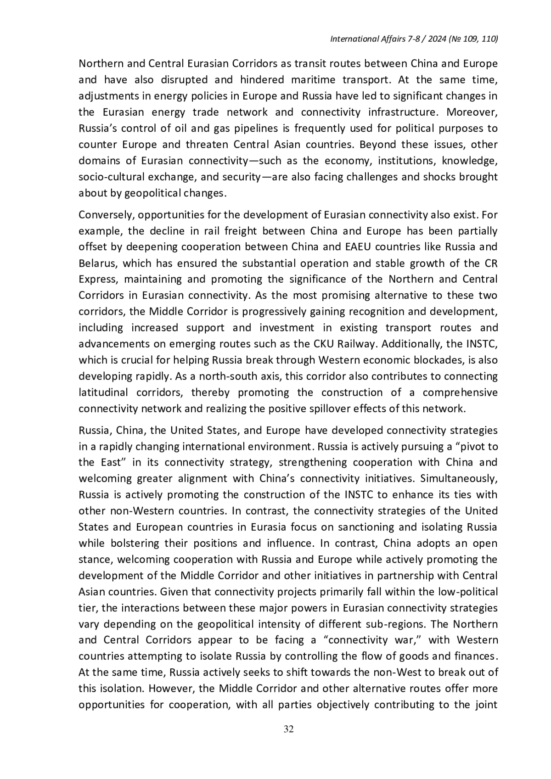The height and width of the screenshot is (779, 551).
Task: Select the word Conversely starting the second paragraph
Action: pos(105,215)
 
